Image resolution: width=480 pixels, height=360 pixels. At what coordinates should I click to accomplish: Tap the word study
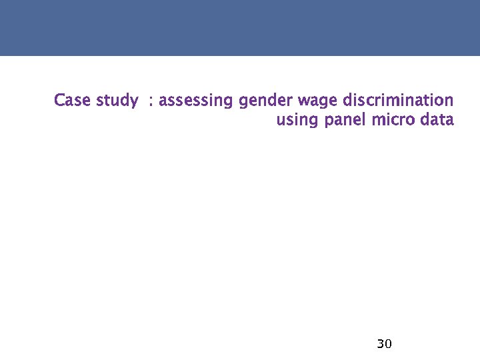[117, 101]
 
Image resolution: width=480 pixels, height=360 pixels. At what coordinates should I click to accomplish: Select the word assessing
[197, 101]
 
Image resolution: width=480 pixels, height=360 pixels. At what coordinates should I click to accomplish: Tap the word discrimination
[397, 101]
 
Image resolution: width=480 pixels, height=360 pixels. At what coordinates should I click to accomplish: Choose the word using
[298, 121]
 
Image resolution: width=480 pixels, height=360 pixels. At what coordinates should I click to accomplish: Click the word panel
[346, 121]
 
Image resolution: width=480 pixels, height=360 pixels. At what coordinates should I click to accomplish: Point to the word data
[437, 121]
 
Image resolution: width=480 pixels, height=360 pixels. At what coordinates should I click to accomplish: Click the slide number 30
[384, 344]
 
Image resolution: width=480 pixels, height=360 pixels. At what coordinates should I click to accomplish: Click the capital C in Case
[59, 101]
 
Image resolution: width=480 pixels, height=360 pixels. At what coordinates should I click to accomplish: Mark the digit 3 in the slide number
[380, 344]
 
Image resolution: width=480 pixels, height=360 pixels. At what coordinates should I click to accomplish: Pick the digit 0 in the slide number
[388, 344]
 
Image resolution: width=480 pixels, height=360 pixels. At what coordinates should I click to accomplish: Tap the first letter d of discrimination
[347, 101]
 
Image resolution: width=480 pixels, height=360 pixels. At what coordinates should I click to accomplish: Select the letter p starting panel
[329, 122]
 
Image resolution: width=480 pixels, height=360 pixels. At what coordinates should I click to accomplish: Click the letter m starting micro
[378, 121]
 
